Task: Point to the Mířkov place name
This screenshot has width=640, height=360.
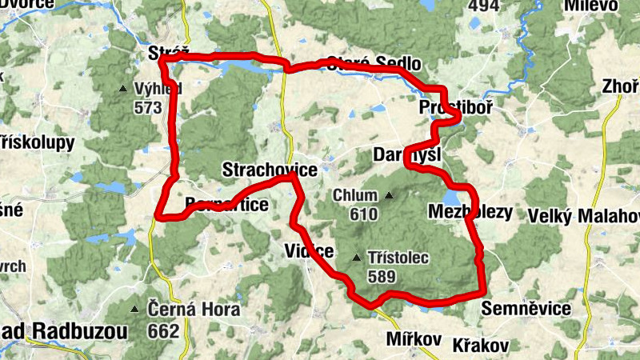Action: [413, 339]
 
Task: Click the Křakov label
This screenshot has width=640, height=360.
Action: [481, 345]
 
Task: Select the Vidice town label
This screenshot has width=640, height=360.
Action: [309, 251]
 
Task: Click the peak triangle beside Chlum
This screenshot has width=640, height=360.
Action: [390, 195]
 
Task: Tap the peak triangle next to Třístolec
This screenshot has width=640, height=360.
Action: [357, 258]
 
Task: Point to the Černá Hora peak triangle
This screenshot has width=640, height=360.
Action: [134, 308]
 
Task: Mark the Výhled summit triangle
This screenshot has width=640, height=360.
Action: [122, 88]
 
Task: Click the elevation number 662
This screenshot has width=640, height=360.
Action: [163, 329]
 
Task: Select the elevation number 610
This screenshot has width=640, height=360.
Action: [363, 214]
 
